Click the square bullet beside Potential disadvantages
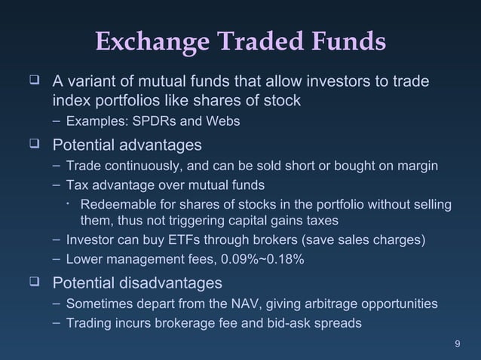pyautogui.click(x=32, y=283)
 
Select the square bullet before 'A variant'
pyautogui.click(x=32, y=80)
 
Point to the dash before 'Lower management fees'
pyautogui.click(x=58, y=261)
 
